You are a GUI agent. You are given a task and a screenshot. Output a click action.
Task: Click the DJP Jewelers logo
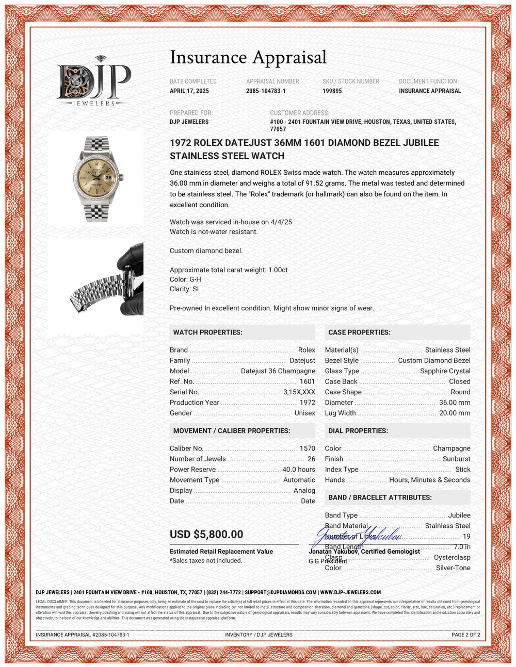coord(93,82)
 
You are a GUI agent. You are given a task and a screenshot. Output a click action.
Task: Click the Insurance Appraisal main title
coord(248,57)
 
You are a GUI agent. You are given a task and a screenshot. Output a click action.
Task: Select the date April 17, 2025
coord(189,91)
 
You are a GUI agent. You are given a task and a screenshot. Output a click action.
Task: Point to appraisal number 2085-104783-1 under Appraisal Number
coord(266,91)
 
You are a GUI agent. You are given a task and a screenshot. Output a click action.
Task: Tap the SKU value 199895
coord(332,91)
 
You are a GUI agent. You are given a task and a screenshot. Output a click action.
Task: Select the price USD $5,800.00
coord(206,535)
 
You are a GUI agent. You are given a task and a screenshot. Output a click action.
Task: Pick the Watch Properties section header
coord(207,332)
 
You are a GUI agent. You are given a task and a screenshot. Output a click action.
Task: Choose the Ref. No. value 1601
coord(307,381)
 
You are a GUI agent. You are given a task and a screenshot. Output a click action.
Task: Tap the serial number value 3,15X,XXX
coord(299,392)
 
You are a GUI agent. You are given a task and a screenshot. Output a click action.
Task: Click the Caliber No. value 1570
coord(307,448)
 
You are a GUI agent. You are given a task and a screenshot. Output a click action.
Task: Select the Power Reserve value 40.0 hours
coord(298,470)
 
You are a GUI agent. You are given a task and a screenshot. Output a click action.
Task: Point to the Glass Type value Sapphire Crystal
coord(445,371)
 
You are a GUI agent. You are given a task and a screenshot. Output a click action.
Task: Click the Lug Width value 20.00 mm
coord(455,413)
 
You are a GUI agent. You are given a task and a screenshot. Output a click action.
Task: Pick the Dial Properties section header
coord(358,431)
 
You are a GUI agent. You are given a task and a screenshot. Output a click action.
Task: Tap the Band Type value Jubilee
coord(459,515)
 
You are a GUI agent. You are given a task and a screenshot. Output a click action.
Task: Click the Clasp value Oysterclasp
coord(452,557)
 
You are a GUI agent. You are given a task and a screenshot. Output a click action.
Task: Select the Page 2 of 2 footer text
coord(465,635)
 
